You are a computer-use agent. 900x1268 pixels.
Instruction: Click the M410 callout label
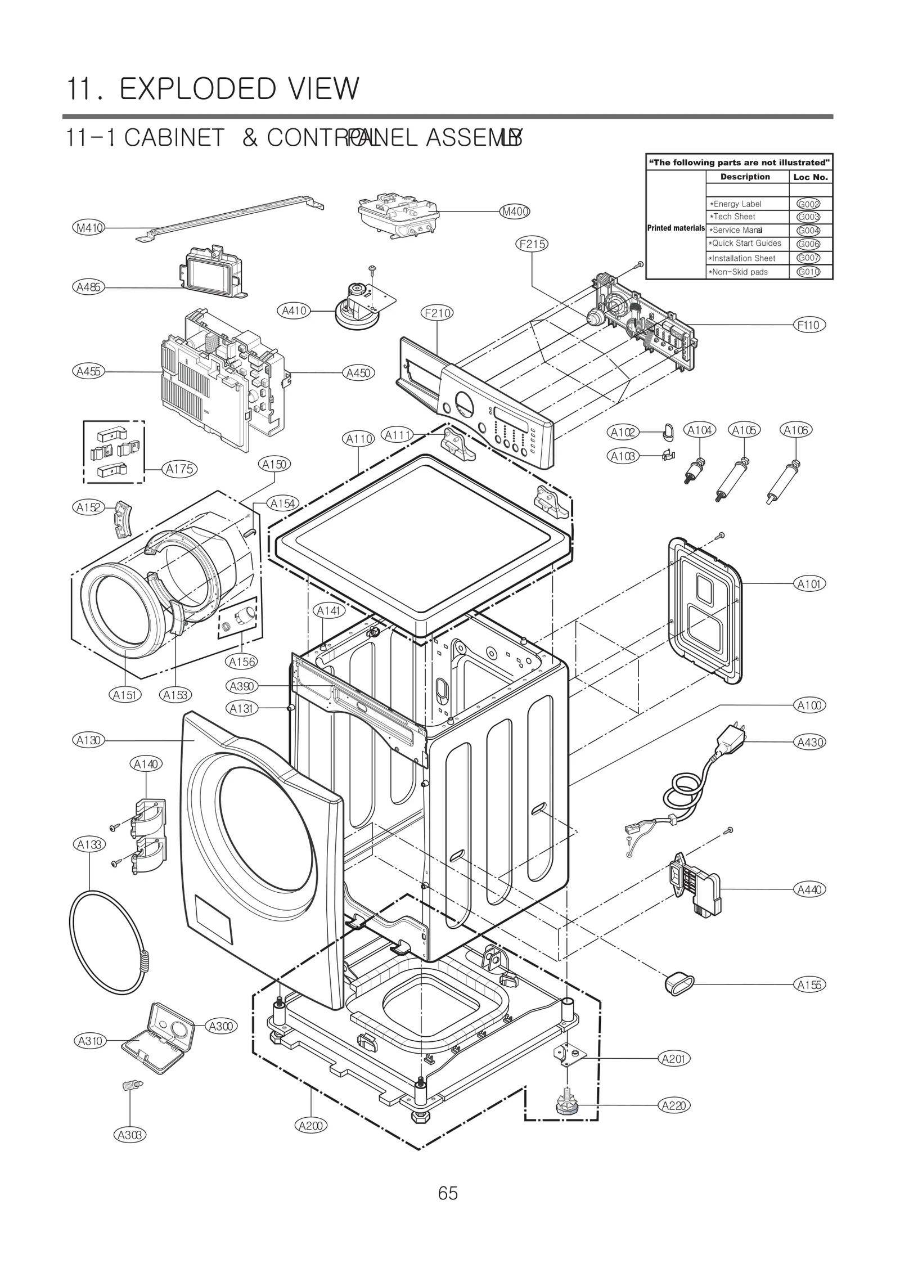pyautogui.click(x=89, y=228)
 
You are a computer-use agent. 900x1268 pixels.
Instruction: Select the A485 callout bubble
pyautogui.click(x=88, y=287)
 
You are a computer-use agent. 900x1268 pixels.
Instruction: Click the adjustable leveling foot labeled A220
pyautogui.click(x=567, y=1105)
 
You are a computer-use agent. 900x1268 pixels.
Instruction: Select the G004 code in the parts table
pyautogui.click(x=808, y=230)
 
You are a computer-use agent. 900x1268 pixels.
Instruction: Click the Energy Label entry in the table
pyautogui.click(x=737, y=204)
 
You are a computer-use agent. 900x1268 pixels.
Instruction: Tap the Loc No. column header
pyautogui.click(x=810, y=177)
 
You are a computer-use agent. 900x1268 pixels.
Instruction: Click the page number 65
pyautogui.click(x=448, y=1193)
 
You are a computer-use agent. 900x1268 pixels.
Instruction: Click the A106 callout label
pyautogui.click(x=796, y=430)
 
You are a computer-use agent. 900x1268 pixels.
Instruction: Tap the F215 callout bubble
pyautogui.click(x=532, y=244)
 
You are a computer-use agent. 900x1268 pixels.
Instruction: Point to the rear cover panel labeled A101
pyautogui.click(x=703, y=610)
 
